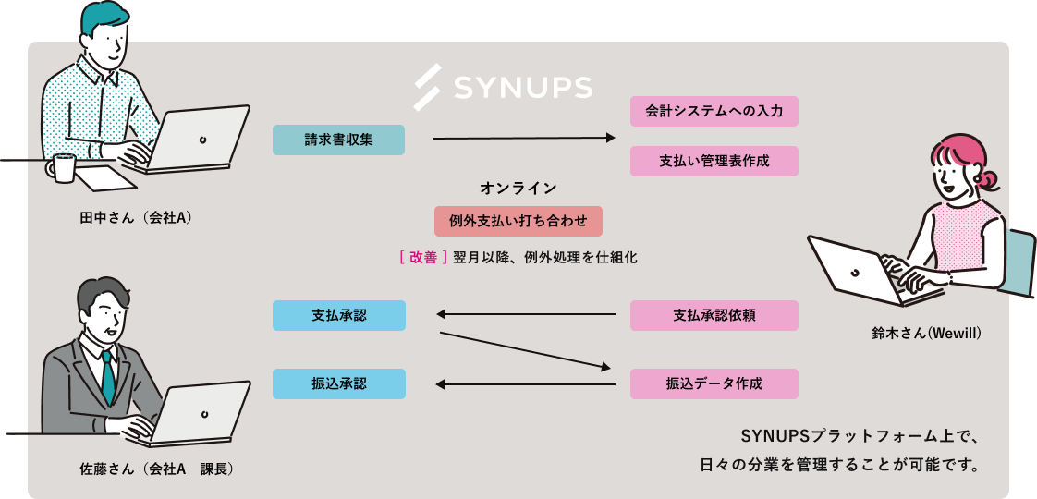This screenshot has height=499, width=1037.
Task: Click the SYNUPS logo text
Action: [x=523, y=87]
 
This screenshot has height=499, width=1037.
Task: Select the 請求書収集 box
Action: [x=338, y=140]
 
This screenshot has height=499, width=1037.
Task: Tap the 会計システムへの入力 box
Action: [x=714, y=111]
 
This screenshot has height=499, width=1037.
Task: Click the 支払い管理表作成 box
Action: [x=714, y=161]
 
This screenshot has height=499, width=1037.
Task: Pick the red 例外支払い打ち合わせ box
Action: [x=518, y=221]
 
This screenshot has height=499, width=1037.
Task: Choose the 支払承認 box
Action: [x=338, y=315]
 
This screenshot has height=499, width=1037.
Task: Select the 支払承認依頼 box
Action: [x=714, y=315]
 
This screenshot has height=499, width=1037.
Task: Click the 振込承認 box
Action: [x=338, y=383]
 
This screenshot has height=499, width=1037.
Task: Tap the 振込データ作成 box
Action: [x=714, y=383]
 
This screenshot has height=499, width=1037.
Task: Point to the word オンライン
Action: [x=518, y=189]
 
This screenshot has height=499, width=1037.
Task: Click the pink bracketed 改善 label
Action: [x=423, y=258]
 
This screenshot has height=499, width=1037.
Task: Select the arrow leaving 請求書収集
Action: [x=523, y=139]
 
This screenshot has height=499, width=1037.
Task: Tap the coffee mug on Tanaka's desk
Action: [x=64, y=168]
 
